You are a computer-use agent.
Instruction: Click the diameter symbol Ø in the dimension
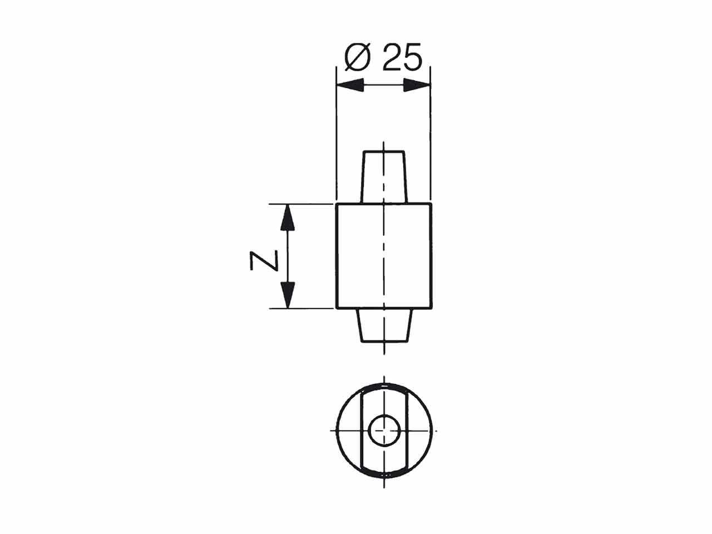[x=357, y=57]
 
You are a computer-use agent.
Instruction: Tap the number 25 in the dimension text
[x=402, y=57]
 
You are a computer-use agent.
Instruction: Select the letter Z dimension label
[x=264, y=260]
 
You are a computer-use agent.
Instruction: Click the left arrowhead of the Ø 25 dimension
[x=350, y=85]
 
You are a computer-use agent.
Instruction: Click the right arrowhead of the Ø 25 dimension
[x=417, y=85]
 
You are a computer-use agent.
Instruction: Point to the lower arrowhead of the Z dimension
[x=288, y=295]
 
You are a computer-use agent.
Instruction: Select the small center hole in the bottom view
[x=384, y=431]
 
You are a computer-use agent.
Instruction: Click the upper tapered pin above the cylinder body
[x=384, y=177]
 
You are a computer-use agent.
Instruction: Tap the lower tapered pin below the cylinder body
[x=384, y=325]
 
